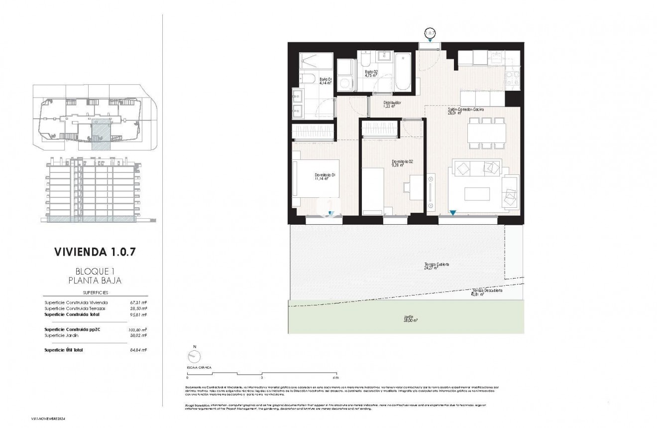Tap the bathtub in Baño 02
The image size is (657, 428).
(403, 72)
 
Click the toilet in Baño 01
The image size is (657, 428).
(306, 79)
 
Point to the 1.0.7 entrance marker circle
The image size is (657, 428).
(430, 33)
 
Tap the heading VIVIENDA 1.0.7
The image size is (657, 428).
(95, 252)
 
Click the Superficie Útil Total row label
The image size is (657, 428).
(63, 350)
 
